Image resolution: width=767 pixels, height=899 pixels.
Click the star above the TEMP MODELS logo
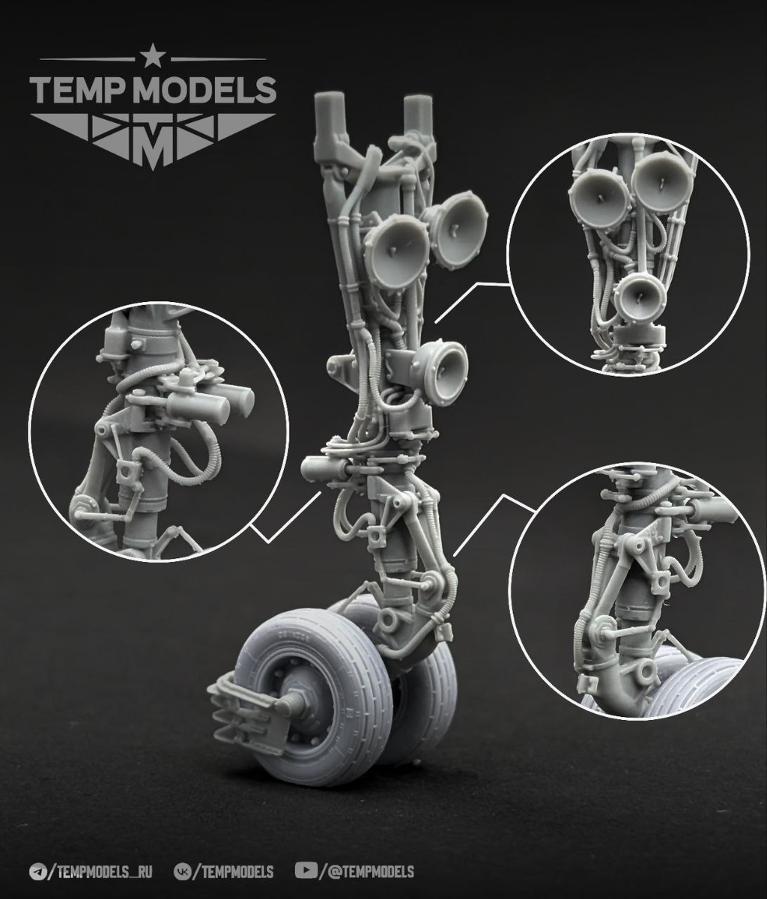(152, 55)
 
